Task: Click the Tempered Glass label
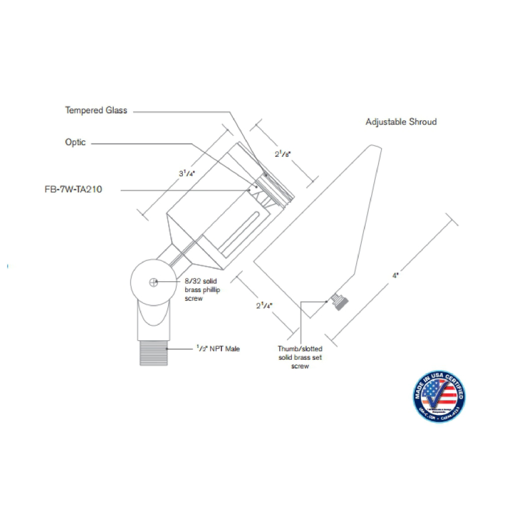coord(96,110)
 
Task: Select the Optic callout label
coord(75,143)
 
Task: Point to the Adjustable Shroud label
coord(401,122)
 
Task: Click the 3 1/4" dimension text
coord(188,173)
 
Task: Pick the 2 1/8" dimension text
coord(282,154)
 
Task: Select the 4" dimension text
coord(395,275)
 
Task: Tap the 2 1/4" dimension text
coord(263,306)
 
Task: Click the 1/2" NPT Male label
coord(218,349)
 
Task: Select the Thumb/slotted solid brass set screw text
coord(300,357)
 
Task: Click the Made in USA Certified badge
coord(439,395)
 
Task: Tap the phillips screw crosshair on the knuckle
coord(153,282)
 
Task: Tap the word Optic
coord(75,143)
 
